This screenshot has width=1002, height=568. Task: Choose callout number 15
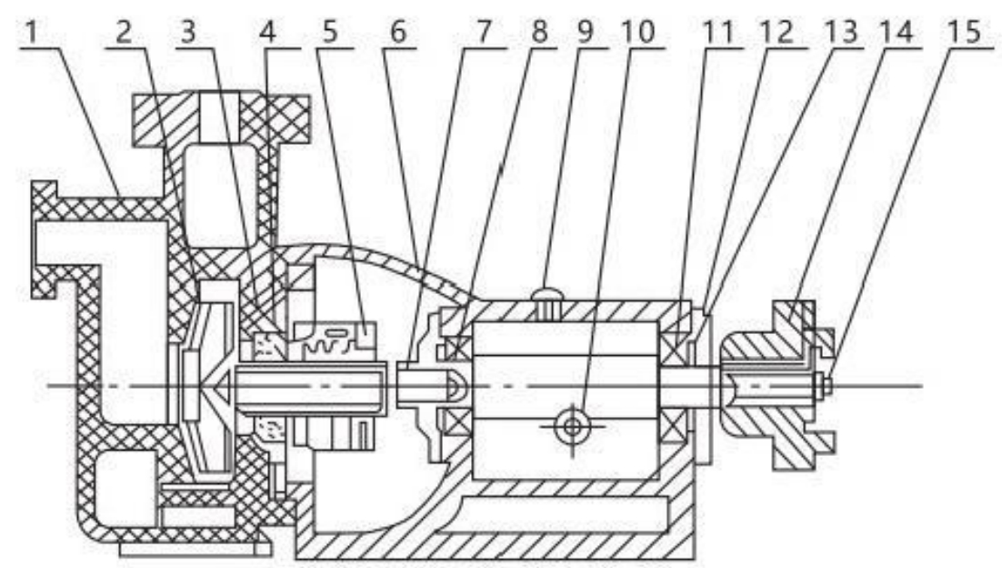pyautogui.click(x=968, y=33)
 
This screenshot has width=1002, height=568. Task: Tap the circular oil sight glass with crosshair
pyautogui.click(x=571, y=424)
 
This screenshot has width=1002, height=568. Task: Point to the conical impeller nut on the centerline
pyautogui.click(x=219, y=388)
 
